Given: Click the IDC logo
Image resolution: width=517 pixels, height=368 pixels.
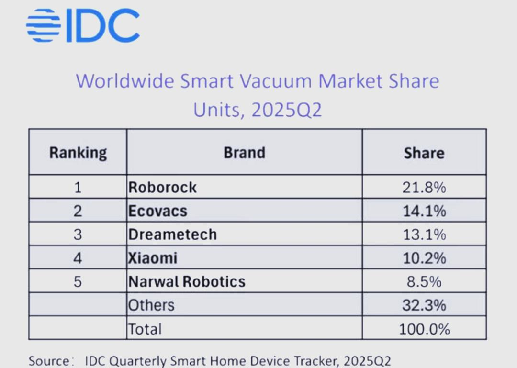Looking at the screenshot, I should [x=83, y=25].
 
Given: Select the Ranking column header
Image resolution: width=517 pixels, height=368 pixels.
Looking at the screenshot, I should [x=78, y=153].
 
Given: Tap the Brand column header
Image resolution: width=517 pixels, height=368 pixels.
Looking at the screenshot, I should [x=244, y=153].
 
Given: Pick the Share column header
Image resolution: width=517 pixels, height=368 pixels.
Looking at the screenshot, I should [x=424, y=153].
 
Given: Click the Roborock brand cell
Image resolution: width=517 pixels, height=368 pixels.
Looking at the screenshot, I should [x=162, y=187].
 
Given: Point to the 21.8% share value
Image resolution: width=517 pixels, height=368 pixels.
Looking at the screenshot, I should [x=424, y=187].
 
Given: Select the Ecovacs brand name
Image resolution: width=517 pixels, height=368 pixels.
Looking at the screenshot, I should [x=157, y=211].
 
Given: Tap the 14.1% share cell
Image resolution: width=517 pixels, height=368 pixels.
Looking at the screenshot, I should [x=424, y=211].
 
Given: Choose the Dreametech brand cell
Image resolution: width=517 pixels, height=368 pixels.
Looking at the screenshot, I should [x=172, y=234].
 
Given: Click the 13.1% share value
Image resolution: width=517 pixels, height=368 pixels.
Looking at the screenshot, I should [x=424, y=234].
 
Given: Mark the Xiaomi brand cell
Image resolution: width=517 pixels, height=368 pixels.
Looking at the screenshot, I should [x=153, y=258].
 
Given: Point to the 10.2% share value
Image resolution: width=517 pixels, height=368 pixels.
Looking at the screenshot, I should [x=424, y=258].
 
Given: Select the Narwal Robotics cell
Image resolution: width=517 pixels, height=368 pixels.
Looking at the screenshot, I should [x=187, y=281].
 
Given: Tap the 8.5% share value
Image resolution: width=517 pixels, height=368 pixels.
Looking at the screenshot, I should [x=424, y=281].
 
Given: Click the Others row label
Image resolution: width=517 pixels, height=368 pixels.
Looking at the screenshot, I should [x=151, y=305].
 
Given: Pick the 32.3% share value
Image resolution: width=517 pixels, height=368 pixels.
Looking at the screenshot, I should [x=424, y=305].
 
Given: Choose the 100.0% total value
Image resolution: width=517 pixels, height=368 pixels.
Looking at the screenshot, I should [x=424, y=329].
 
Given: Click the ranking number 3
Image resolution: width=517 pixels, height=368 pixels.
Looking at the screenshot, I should [x=78, y=234].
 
